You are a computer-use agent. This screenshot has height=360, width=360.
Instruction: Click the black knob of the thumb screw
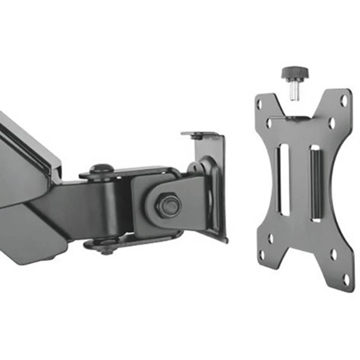click(294, 73)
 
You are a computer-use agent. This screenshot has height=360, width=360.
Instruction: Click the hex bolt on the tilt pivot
click(168, 204)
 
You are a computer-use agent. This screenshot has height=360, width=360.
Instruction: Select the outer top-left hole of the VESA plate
click(259, 105)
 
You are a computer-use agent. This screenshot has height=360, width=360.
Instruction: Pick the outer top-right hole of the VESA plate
click(344, 100)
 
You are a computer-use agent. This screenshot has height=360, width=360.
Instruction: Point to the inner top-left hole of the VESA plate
click(269, 123)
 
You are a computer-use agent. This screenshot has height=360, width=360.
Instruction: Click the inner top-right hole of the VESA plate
click(332, 123)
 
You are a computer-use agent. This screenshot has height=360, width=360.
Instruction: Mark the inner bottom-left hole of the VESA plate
click(270, 238)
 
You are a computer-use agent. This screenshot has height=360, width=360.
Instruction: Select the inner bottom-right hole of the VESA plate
click(334, 255)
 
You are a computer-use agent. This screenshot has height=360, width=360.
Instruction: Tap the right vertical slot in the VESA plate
click(315, 184)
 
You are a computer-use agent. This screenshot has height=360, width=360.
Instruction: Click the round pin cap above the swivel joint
click(101, 168)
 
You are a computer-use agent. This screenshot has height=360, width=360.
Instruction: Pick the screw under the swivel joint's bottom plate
click(107, 252)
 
